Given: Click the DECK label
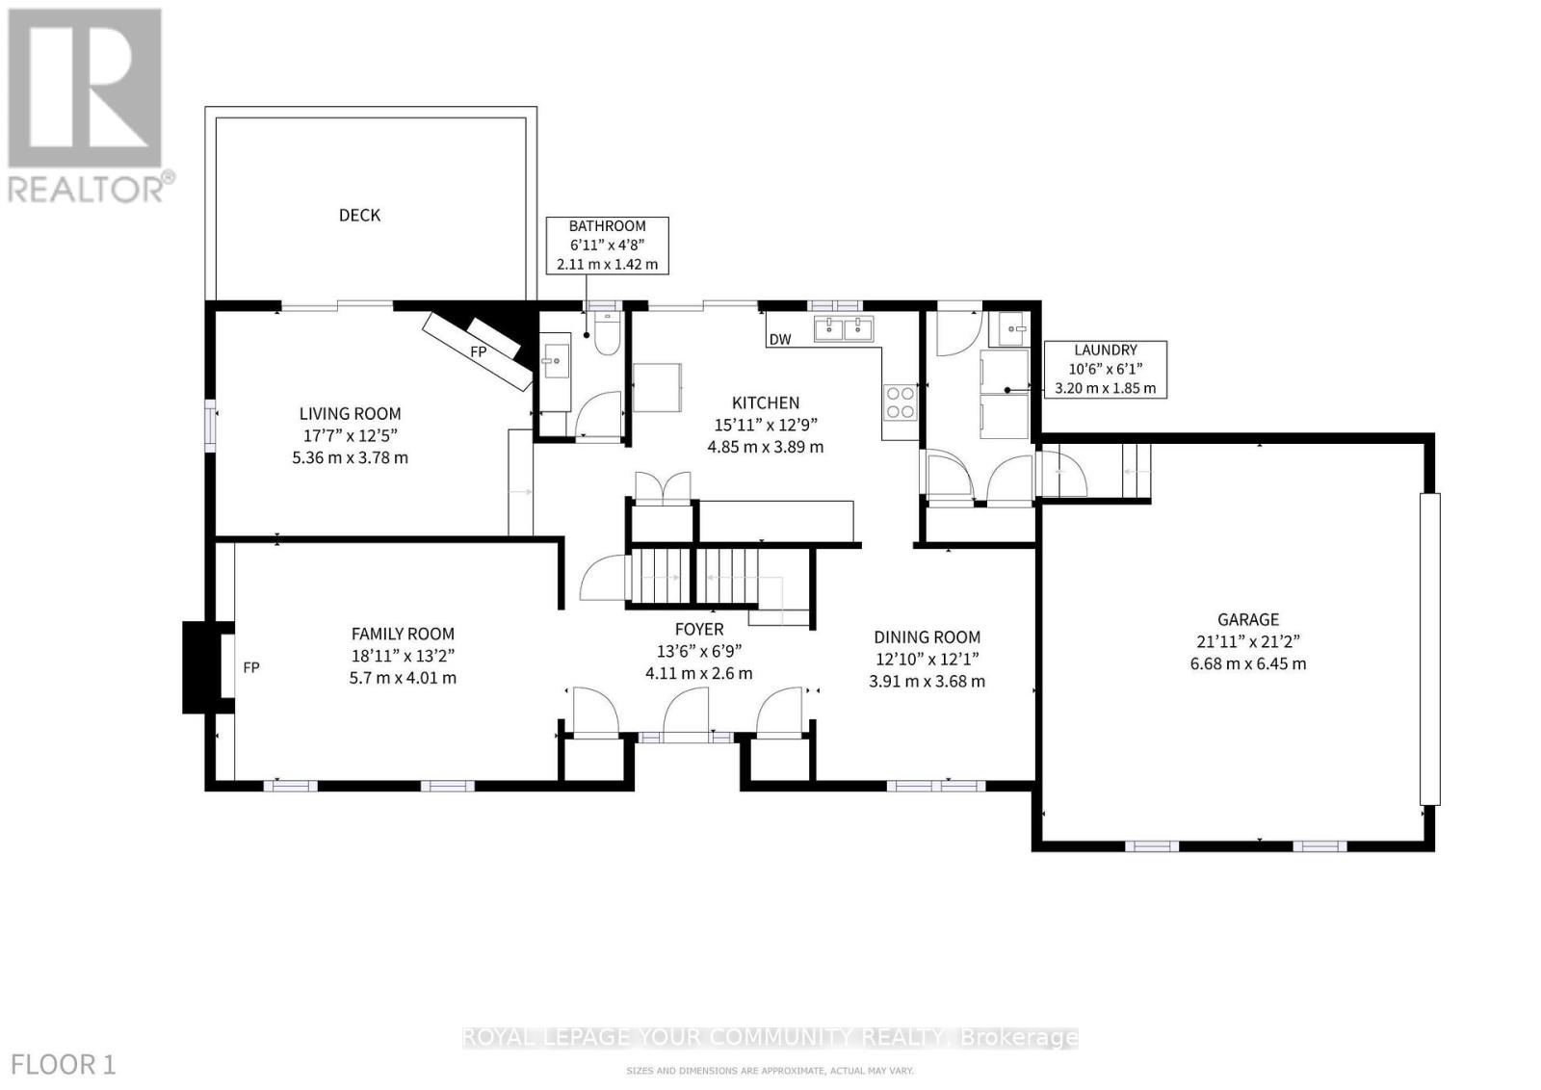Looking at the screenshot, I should pyautogui.click(x=359, y=215).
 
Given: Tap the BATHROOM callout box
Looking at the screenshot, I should pyautogui.click(x=607, y=246).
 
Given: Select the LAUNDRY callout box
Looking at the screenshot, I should pyautogui.click(x=1106, y=369).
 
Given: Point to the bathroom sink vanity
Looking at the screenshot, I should pyautogui.click(x=555, y=361).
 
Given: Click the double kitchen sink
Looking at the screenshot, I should pyautogui.click(x=843, y=329).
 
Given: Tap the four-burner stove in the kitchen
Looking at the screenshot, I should pyautogui.click(x=901, y=402).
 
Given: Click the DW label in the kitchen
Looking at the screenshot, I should pyautogui.click(x=780, y=340).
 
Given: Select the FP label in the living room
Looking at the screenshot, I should pyautogui.click(x=478, y=352).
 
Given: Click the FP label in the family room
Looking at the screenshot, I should pyautogui.click(x=250, y=667).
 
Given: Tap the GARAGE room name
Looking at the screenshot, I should pyautogui.click(x=1248, y=620).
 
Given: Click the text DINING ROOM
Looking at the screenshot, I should pyautogui.click(x=927, y=637).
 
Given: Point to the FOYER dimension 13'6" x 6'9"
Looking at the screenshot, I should pyautogui.click(x=698, y=651).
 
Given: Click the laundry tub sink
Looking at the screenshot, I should pyautogui.click(x=1009, y=328).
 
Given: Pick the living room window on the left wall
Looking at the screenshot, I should pyautogui.click(x=210, y=425).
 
